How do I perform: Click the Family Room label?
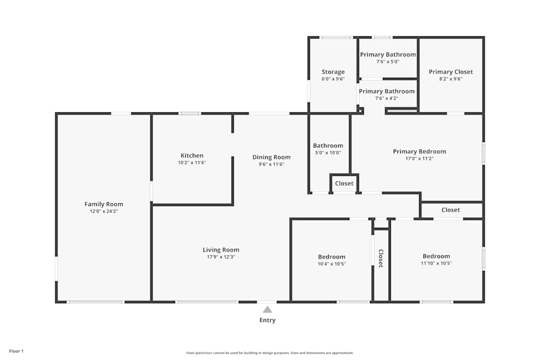pyautogui.click(x=104, y=204)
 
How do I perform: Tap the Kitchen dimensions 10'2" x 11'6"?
pyautogui.click(x=192, y=162)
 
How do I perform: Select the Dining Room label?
pyautogui.click(x=271, y=157)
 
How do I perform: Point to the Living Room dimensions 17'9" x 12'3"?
pyautogui.click(x=221, y=257)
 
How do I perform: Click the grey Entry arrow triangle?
pyautogui.click(x=267, y=309)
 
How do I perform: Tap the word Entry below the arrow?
pyautogui.click(x=267, y=320)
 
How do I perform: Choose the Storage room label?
pyautogui.click(x=333, y=72)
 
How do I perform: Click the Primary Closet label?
pyautogui.click(x=451, y=72)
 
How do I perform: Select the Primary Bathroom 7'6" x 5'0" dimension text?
pyautogui.click(x=388, y=62)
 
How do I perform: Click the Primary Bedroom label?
pyautogui.click(x=420, y=152)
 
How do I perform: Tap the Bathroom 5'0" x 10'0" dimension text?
pyautogui.click(x=328, y=153)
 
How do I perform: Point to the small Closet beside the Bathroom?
pyautogui.click(x=344, y=184)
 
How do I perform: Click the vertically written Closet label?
pyautogui.click(x=381, y=259)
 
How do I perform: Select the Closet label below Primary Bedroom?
pyautogui.click(x=451, y=210)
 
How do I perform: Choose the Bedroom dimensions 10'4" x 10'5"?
pyautogui.click(x=332, y=264)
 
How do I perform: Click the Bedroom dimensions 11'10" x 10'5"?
pyautogui.click(x=436, y=263)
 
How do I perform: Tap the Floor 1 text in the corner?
pyautogui.click(x=16, y=351)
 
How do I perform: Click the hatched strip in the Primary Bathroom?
pyautogui.click(x=402, y=111)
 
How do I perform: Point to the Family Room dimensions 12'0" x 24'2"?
pyautogui.click(x=104, y=211)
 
